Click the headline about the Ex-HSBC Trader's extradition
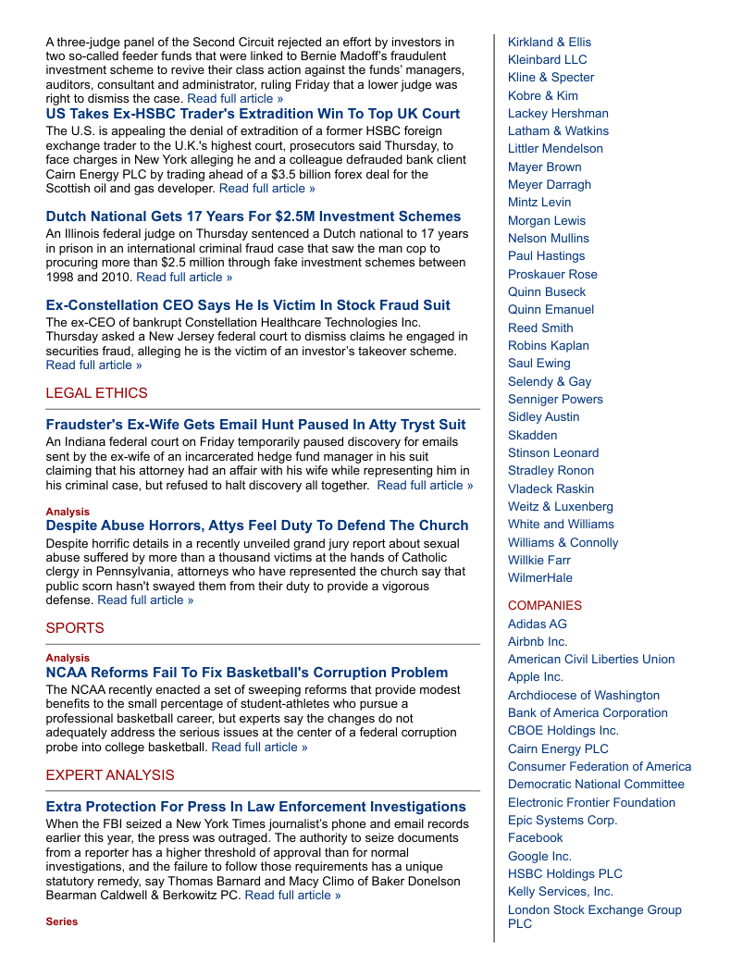pos(253,114)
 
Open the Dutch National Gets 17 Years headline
pos(253,216)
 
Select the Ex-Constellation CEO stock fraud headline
pos(248,305)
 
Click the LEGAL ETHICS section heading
pos(96,393)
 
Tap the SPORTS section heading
pos(75,628)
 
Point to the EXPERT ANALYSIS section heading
pos(110,775)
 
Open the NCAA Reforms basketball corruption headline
pos(246,673)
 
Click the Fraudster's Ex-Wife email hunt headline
pos(255,425)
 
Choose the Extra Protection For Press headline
pos(255,807)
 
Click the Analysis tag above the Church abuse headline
pos(68,512)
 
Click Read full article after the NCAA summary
pos(259,748)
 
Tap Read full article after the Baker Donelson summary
pos(292,895)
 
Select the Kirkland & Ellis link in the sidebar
pos(549,42)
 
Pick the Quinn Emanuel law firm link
pos(551,309)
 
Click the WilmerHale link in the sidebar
pos(539,577)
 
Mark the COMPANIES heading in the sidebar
pos(544,605)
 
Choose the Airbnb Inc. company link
pos(538,641)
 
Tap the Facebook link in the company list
pos(535,837)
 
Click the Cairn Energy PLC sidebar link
pos(558,748)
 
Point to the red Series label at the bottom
pos(62,921)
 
